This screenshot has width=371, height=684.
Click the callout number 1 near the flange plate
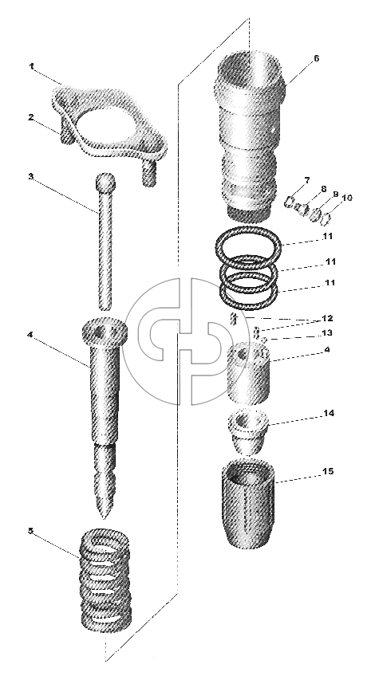32,66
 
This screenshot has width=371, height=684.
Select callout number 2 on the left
31,117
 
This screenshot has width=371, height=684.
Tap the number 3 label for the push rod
31,177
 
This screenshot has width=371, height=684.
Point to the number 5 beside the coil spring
30,531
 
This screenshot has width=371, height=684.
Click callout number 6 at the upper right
317,58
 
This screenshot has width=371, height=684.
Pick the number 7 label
307,179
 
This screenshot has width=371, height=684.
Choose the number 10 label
346,198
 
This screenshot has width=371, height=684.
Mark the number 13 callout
327,333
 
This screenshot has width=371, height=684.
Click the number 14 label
329,413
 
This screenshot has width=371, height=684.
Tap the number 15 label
328,472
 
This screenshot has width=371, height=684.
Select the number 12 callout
327,318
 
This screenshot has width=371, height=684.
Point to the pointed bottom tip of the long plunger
104,517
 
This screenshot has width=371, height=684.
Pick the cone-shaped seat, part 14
247,432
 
